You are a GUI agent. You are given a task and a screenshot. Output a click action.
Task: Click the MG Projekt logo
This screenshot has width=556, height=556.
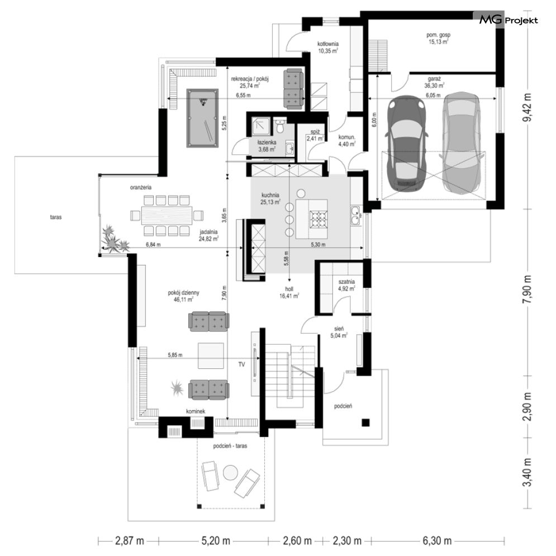pyautogui.click(x=509, y=20)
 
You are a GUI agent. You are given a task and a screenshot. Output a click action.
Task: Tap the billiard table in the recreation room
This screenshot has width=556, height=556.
pyautogui.click(x=202, y=118)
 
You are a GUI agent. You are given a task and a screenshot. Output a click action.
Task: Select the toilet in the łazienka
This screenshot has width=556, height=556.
pyautogui.click(x=280, y=126)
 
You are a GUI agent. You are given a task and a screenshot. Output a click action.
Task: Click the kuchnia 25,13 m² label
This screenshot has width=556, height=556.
pyautogui.click(x=270, y=198)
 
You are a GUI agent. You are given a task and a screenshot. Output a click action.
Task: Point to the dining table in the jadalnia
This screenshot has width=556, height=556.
pyautogui.click(x=167, y=215)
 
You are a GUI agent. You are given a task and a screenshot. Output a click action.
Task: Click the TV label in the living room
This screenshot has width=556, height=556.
pyautogui.click(x=241, y=364)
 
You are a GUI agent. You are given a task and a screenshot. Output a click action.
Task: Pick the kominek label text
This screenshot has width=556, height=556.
pyautogui.click(x=196, y=411)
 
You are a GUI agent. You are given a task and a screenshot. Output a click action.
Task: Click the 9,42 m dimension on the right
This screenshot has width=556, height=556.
pyautogui.click(x=528, y=107)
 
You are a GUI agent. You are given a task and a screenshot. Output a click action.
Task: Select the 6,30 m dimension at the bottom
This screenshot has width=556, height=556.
pyautogui.click(x=437, y=541)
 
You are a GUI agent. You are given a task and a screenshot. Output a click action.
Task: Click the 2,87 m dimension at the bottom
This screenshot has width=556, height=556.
pyautogui.click(x=130, y=541)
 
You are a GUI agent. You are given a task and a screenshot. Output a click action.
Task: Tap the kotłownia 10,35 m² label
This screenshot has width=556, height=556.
pyautogui.click(x=327, y=47)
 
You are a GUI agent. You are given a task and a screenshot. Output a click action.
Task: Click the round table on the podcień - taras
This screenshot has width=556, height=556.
pyautogui.click(x=230, y=472)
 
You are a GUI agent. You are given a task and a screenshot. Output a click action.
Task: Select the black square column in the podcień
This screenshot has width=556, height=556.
pyautogui.click(x=365, y=422)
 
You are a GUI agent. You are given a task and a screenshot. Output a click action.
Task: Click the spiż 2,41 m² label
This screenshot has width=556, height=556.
pyautogui.click(x=315, y=135)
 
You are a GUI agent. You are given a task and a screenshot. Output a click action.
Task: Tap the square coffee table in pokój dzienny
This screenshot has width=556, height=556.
pyautogui.click(x=211, y=355)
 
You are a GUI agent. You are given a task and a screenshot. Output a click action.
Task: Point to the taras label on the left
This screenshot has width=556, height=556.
pyautogui.click(x=56, y=217)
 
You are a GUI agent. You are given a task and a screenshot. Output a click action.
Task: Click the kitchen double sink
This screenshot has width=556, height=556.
pyautogui.click(x=355, y=216)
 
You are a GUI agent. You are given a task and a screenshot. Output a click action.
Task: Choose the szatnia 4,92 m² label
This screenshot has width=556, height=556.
pyautogui.click(x=346, y=285)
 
